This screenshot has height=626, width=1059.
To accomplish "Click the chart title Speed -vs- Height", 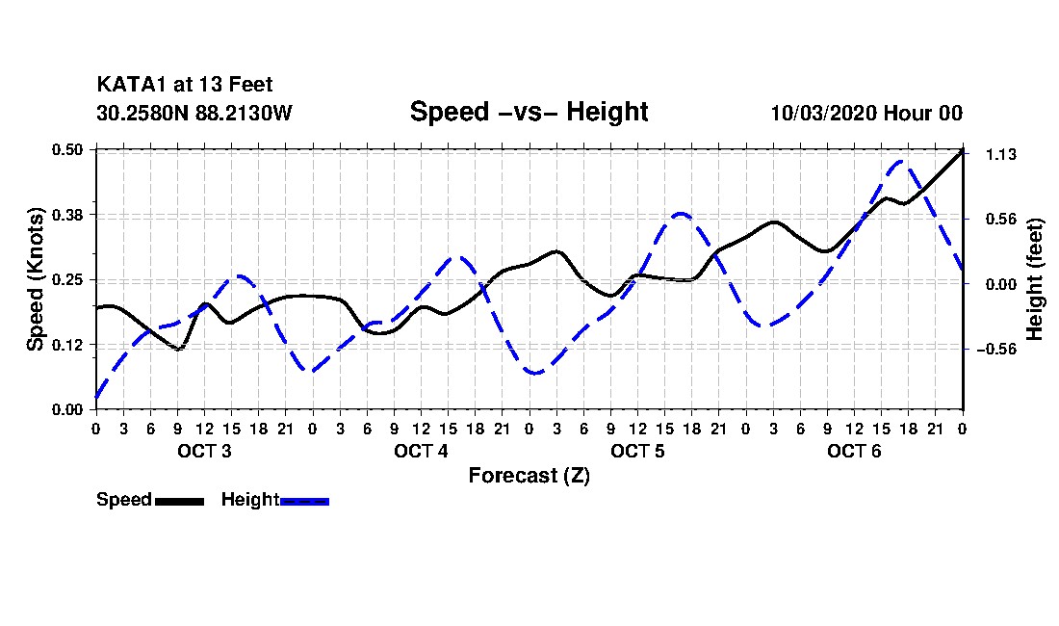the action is point(529,112).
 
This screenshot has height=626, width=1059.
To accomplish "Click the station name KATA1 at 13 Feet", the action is point(185,85).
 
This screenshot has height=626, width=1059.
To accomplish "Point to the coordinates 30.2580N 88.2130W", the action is point(194,113).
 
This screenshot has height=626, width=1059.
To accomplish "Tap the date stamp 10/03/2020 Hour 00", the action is point(866,113).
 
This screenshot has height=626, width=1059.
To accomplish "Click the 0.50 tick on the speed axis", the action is point(67,149).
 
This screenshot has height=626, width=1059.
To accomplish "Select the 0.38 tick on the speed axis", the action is point(67,215).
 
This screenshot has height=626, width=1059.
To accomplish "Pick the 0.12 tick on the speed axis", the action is point(67,345).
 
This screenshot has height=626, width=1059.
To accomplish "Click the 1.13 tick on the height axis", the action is point(1001,155).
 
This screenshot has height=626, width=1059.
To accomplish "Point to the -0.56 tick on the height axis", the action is point(996,350).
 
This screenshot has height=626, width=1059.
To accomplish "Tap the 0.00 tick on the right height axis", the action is point(1001,284).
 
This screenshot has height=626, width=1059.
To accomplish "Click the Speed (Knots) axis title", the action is point(35,279).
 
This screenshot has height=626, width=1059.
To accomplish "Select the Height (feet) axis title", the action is point(1035,279).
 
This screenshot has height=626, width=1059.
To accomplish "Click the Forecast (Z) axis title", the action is point(529,476).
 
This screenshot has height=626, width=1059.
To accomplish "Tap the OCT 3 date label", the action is point(205,451).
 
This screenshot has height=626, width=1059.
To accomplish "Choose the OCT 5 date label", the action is point(637,451).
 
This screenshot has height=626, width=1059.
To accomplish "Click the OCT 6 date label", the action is point(854,451).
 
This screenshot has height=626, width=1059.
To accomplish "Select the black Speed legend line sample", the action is point(180,501).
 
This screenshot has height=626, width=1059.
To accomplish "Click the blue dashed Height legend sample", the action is point(304,501).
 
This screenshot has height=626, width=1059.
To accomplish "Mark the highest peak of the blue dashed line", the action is point(901,161).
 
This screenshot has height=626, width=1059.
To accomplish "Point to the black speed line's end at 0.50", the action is point(963,150).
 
